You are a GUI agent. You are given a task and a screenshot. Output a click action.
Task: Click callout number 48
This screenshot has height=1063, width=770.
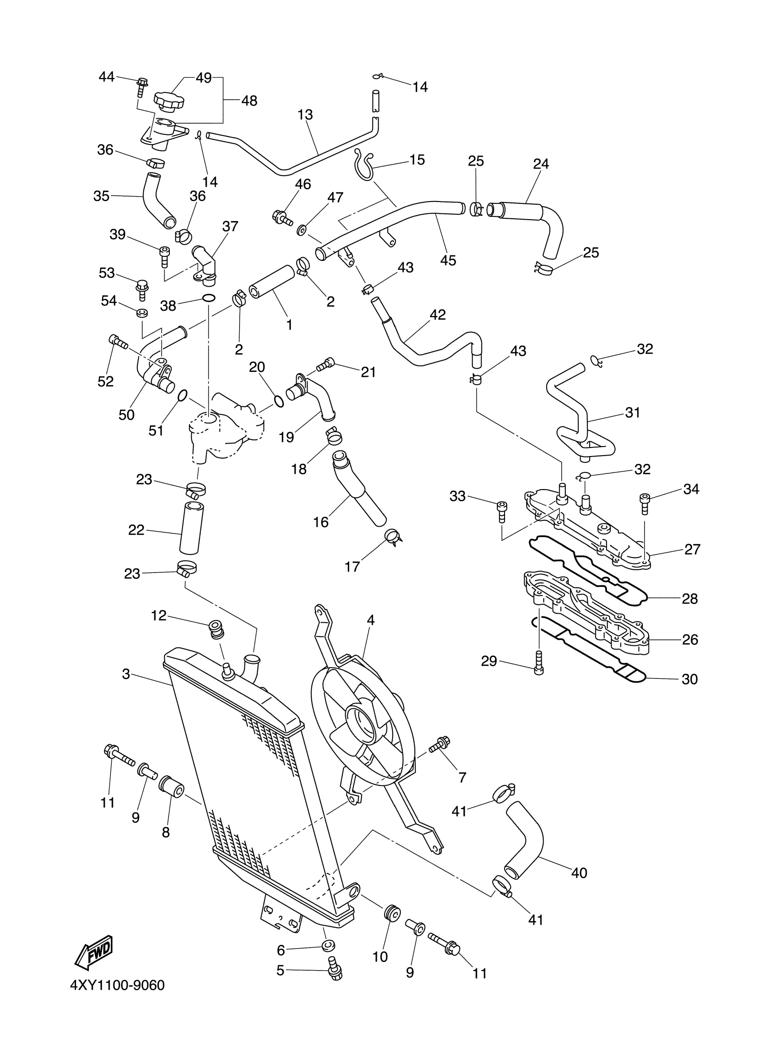click(249, 101)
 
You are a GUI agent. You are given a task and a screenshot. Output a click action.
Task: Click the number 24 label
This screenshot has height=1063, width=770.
click(541, 164)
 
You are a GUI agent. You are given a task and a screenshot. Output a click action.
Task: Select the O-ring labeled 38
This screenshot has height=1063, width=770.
click(209, 298)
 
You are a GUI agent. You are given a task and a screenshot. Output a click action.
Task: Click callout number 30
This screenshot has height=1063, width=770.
click(689, 679)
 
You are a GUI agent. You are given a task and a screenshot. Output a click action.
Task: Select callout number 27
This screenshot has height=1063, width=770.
click(692, 549)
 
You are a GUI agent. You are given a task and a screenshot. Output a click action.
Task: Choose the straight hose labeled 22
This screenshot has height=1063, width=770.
click(191, 528)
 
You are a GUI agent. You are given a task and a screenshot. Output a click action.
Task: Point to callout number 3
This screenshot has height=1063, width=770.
click(125, 674)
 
